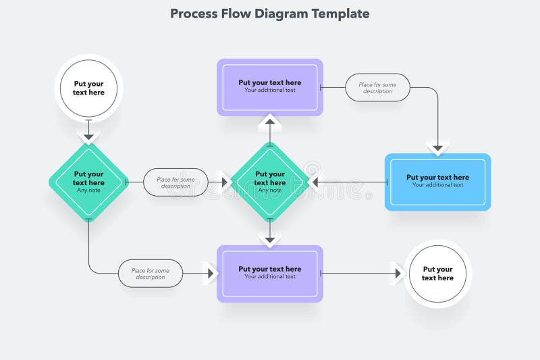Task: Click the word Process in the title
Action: (192, 14)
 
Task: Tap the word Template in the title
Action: (340, 14)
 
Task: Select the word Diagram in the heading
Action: (281, 14)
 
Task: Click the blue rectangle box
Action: (437, 182)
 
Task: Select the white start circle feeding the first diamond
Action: (88, 88)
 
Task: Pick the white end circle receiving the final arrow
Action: (437, 274)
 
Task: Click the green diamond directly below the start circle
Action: (88, 182)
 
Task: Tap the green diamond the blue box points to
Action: (270, 182)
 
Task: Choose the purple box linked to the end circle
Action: (270, 273)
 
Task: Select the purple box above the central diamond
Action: (270, 86)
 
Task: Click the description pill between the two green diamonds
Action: (175, 182)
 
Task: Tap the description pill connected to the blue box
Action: (377, 88)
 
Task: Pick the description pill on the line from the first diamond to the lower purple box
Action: (151, 274)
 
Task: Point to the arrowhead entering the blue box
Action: (437, 146)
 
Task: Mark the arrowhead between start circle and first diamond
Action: (88, 136)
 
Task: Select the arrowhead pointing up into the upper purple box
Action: (270, 122)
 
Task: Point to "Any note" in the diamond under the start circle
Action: (88, 190)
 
